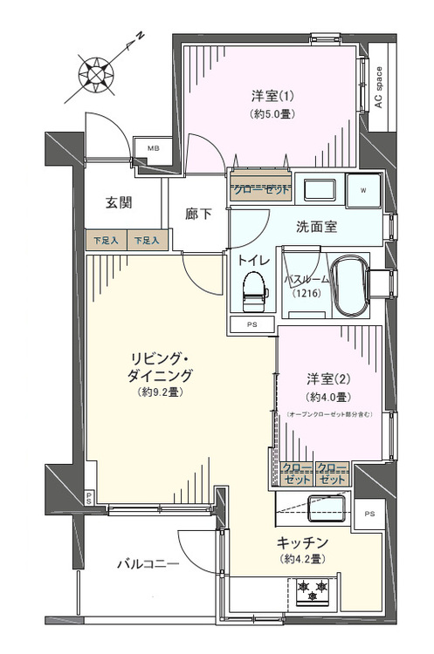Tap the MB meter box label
click(153, 148)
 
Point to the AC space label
click(378, 88)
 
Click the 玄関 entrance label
click(119, 203)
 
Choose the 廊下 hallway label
click(198, 215)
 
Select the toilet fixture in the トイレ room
click(253, 291)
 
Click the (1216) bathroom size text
click(307, 294)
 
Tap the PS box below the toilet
click(252, 325)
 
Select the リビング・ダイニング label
click(160, 367)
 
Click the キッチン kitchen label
click(303, 541)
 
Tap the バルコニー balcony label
click(148, 564)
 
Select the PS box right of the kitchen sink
click(369, 513)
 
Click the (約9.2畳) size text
click(160, 392)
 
